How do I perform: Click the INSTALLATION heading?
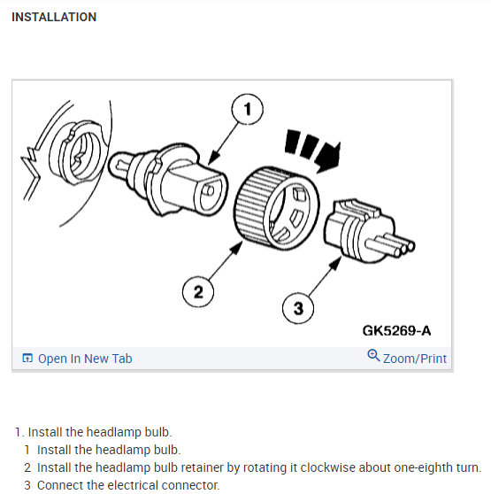(x=54, y=17)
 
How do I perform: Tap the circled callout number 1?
(x=247, y=109)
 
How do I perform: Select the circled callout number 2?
(x=198, y=291)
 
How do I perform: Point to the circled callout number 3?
(x=298, y=308)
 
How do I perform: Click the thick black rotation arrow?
(x=315, y=151)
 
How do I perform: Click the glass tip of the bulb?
(x=120, y=165)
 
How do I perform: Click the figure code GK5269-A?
(x=396, y=331)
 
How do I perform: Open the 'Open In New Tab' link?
(x=85, y=359)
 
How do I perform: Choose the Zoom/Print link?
(x=415, y=359)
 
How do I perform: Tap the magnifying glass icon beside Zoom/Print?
(x=373, y=356)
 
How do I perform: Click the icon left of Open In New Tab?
(x=27, y=358)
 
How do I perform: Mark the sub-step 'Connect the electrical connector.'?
(x=128, y=485)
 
